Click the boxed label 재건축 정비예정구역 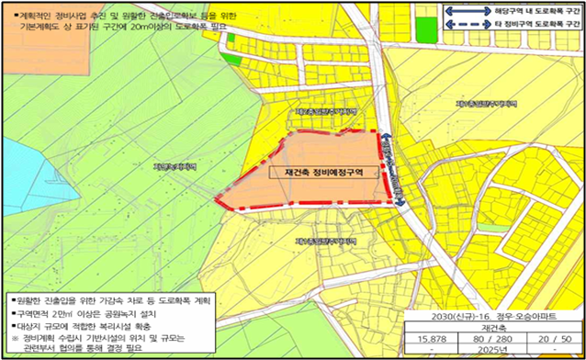(321, 171)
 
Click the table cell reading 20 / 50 (551, 338)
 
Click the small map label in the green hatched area (175, 167)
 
